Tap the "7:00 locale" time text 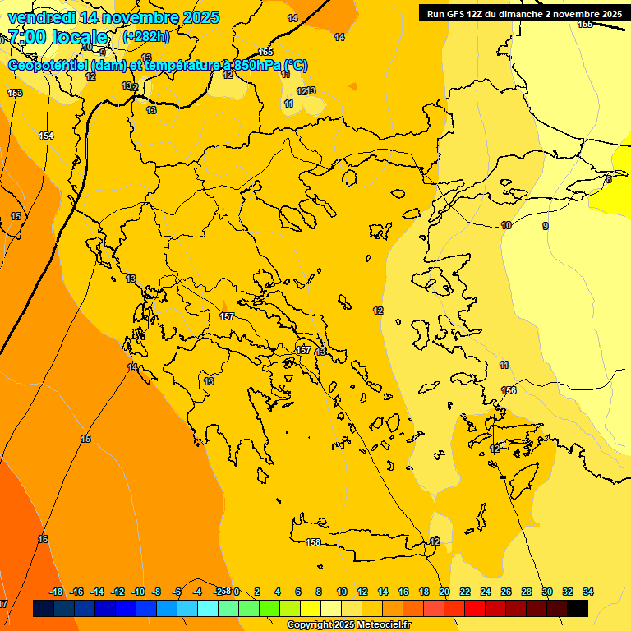(58, 37)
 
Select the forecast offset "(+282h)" (146, 37)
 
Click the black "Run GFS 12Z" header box (524, 13)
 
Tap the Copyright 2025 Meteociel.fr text (348, 625)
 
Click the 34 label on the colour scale (587, 592)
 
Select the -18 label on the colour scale (57, 592)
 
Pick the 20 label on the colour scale (444, 592)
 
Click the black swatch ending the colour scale (578, 608)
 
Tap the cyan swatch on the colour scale (208, 608)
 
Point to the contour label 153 (15, 93)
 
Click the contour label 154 (46, 136)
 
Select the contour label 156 (509, 390)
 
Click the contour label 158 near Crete (313, 542)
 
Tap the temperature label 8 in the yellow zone (609, 178)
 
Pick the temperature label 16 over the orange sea (43, 539)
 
